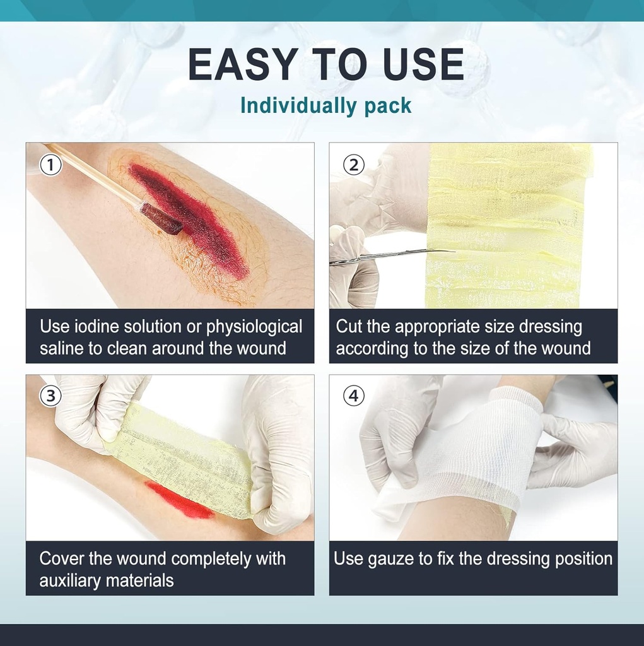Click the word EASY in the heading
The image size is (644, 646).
tap(242, 64)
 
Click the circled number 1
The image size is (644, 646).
tap(50, 165)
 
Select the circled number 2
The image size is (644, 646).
tap(353, 165)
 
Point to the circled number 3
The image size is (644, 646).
tap(50, 396)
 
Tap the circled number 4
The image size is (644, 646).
tap(353, 396)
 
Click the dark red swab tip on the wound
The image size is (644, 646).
tap(161, 220)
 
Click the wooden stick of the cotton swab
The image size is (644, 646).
tap(95, 177)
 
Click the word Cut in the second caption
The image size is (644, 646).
tap(348, 327)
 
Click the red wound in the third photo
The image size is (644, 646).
tap(177, 500)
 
